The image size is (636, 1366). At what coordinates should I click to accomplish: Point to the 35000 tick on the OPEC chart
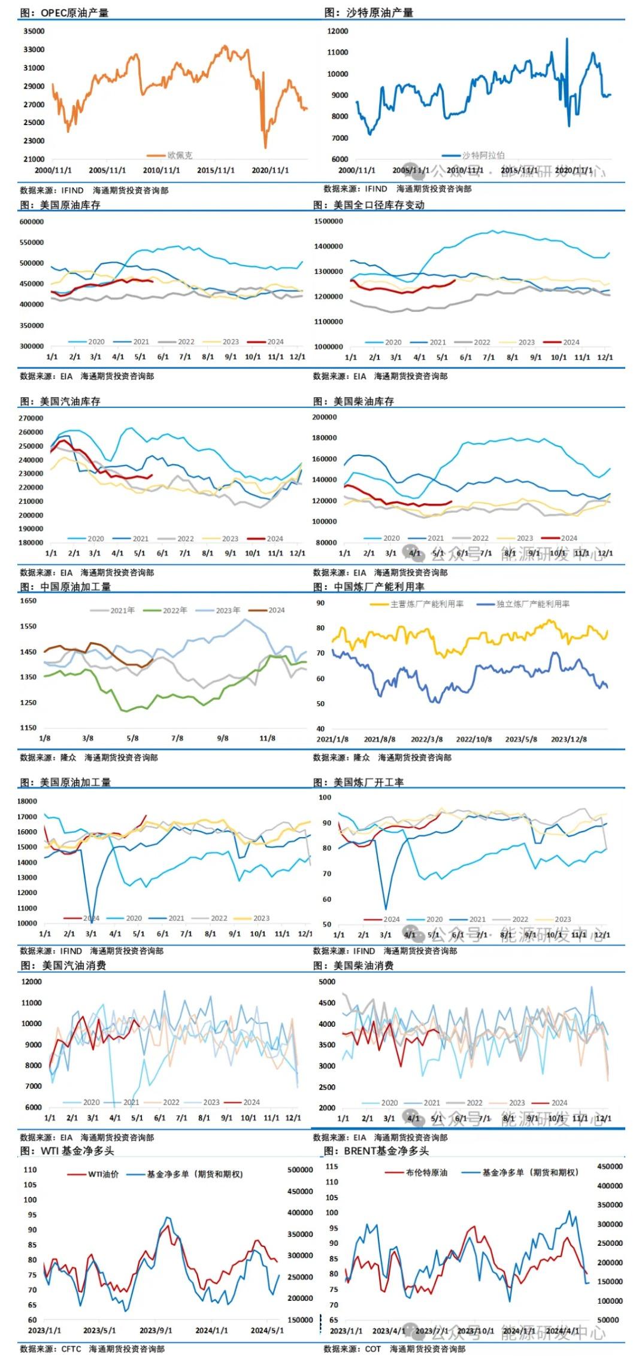click(x=34, y=31)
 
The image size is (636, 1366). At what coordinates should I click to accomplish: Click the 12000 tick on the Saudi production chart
click(x=338, y=31)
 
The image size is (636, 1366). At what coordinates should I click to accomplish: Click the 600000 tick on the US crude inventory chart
click(x=32, y=222)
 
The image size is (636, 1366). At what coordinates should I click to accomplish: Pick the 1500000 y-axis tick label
click(x=328, y=221)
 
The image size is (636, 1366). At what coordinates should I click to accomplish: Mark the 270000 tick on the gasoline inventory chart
click(x=31, y=418)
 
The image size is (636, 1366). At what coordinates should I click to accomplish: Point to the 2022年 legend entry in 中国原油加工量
click(x=174, y=610)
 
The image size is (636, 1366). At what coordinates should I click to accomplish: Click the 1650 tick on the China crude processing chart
click(x=28, y=601)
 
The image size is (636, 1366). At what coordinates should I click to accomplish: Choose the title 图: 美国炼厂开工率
click(x=359, y=782)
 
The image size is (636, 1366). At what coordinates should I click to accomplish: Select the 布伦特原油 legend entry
click(x=426, y=1173)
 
